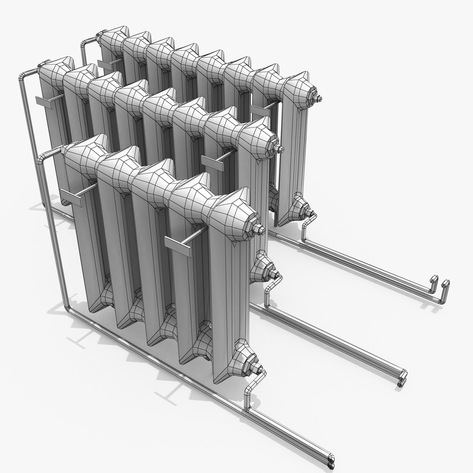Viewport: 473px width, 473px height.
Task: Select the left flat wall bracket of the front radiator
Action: click(72, 198)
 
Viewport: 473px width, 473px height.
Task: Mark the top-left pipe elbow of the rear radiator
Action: click(83, 43)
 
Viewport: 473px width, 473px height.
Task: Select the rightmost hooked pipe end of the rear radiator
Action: click(446, 284)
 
